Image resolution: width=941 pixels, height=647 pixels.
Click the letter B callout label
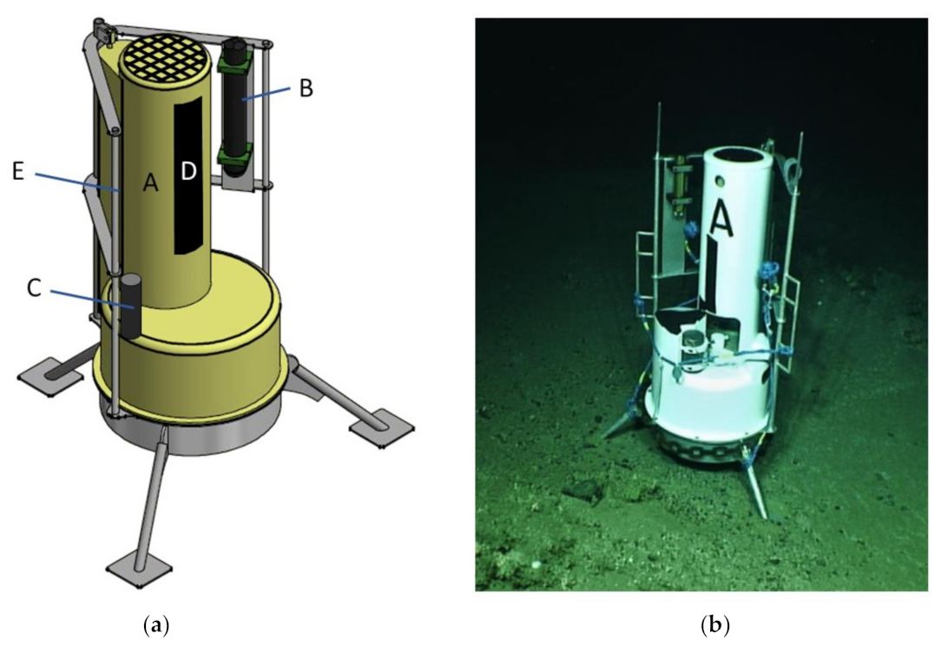pyautogui.click(x=306, y=89)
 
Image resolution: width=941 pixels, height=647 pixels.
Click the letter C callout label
pyautogui.click(x=34, y=288)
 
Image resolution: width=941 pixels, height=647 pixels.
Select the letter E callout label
pyautogui.click(x=18, y=172)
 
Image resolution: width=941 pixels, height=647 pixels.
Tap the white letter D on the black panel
pyautogui.click(x=188, y=172)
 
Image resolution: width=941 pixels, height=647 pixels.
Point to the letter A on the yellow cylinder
pyautogui.click(x=151, y=182)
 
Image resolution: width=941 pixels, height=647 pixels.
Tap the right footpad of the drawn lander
pyautogui.click(x=382, y=428)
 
